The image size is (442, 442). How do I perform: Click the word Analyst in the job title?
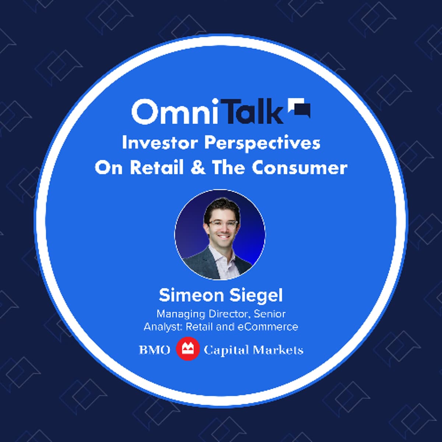163,326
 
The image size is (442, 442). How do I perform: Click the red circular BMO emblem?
187,349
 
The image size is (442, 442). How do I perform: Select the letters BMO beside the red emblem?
155,350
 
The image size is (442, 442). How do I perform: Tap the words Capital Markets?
253,350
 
